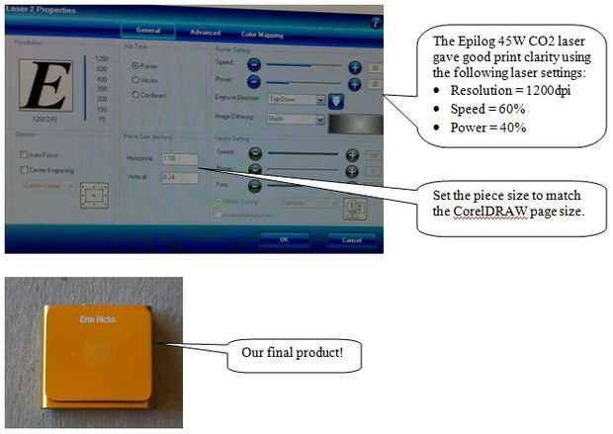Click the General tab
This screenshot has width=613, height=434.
click(x=149, y=31)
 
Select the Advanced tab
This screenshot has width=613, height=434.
click(x=205, y=33)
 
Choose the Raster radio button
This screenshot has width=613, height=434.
click(x=135, y=66)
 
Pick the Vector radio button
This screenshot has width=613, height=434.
click(x=135, y=80)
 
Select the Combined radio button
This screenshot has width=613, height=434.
click(x=135, y=95)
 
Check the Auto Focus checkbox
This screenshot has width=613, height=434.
click(x=24, y=154)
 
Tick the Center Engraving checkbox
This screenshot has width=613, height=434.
click(x=24, y=170)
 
